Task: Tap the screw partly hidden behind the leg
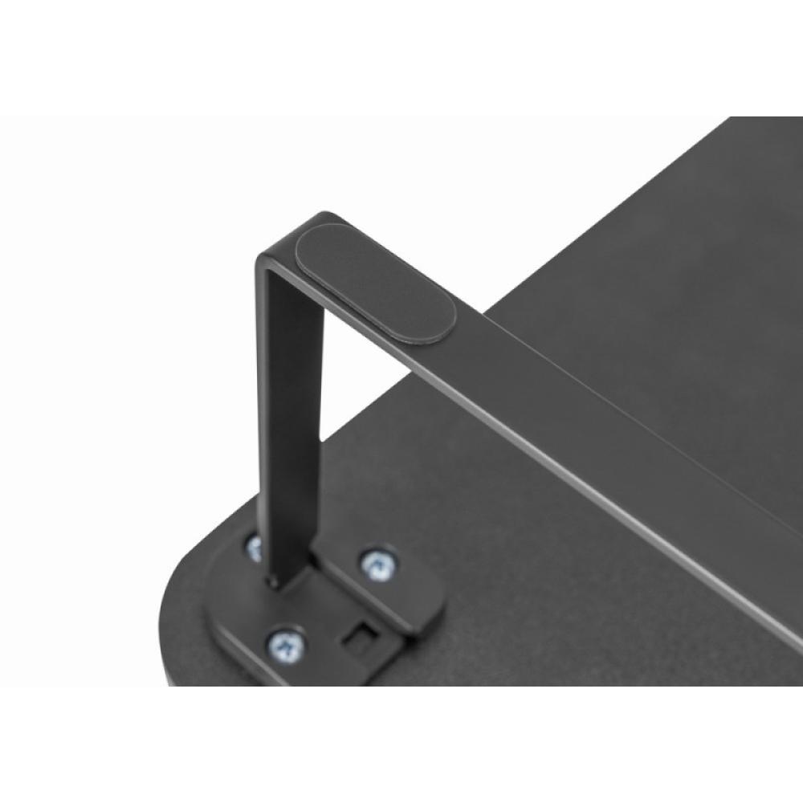click(x=255, y=548)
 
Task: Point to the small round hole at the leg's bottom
click(x=275, y=581)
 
